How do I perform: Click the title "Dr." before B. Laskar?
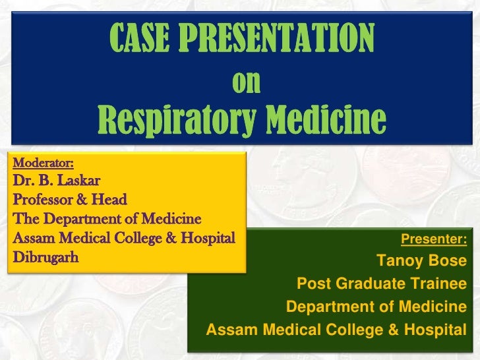tap(24, 178)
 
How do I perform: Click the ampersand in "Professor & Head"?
tap(89, 198)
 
